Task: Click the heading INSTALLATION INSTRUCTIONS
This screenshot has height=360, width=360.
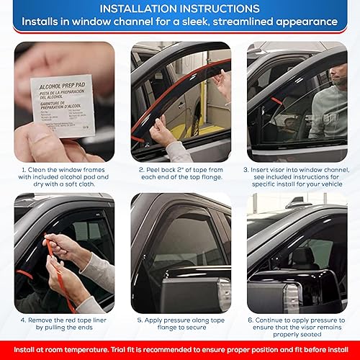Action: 180,9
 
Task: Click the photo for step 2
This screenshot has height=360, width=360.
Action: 181,101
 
